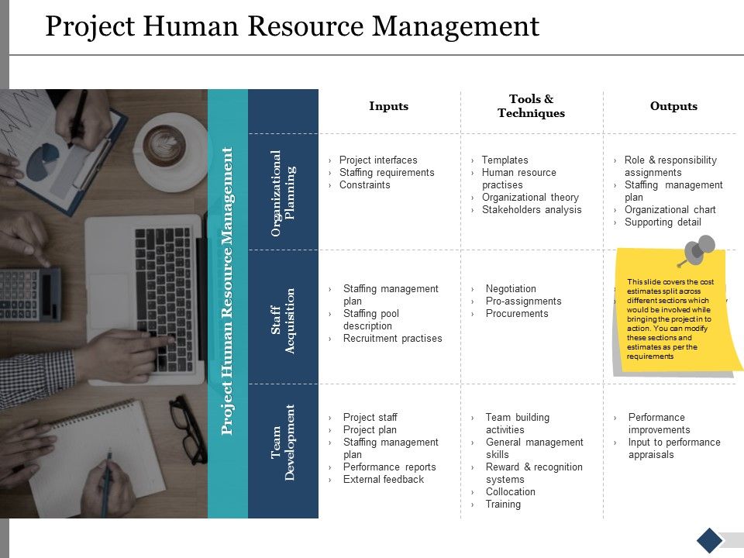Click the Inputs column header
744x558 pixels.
click(x=388, y=106)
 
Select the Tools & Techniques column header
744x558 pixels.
click(x=531, y=106)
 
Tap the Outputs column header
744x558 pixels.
click(x=673, y=106)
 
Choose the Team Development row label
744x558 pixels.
click(x=283, y=442)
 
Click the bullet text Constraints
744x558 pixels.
click(x=364, y=185)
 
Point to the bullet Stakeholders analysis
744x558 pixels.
click(x=531, y=210)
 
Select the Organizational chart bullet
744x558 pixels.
click(x=670, y=210)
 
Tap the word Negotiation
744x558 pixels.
click(x=510, y=289)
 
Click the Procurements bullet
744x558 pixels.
click(x=516, y=314)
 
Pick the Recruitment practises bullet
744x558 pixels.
click(x=392, y=339)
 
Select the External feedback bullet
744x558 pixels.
click(x=383, y=480)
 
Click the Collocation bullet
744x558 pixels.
click(x=510, y=492)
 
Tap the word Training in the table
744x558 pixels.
click(x=503, y=505)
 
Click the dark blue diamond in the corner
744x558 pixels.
click(x=709, y=540)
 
